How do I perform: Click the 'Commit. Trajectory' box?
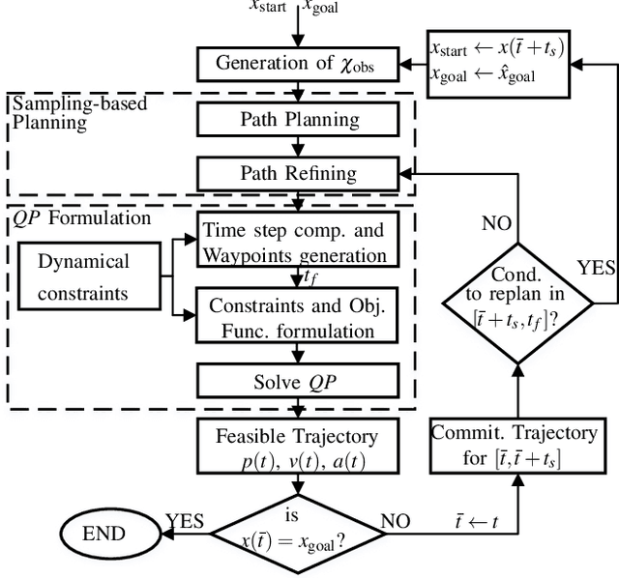[x=514, y=445]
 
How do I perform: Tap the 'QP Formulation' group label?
[x=81, y=217]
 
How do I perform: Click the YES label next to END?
[x=184, y=522]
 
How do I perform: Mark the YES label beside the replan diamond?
[x=596, y=268]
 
